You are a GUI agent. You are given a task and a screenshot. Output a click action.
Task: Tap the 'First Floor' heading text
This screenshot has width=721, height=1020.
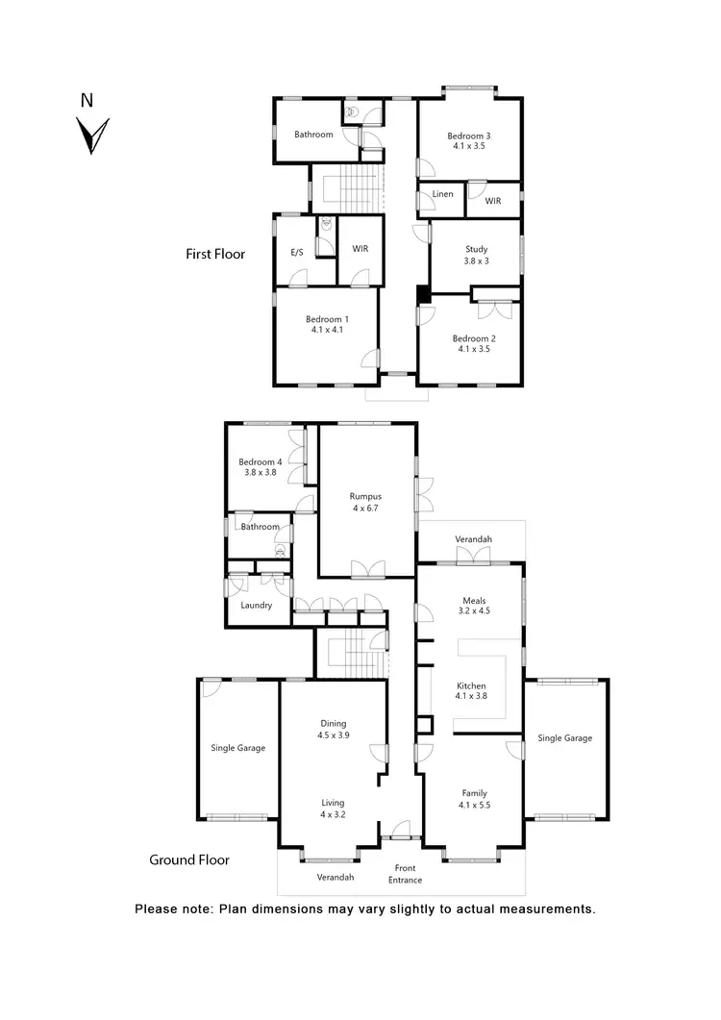pos(215,255)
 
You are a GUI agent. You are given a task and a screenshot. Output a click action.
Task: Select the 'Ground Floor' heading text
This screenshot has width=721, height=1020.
pos(189,859)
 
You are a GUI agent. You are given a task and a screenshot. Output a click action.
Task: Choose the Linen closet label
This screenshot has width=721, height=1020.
pos(443,194)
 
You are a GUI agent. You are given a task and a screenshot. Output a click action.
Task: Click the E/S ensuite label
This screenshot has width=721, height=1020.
pos(297,252)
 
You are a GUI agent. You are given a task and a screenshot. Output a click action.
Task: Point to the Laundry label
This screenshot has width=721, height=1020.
pos(257,606)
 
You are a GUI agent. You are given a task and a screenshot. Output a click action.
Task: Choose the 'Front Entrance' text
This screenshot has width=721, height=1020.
pos(405,874)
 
